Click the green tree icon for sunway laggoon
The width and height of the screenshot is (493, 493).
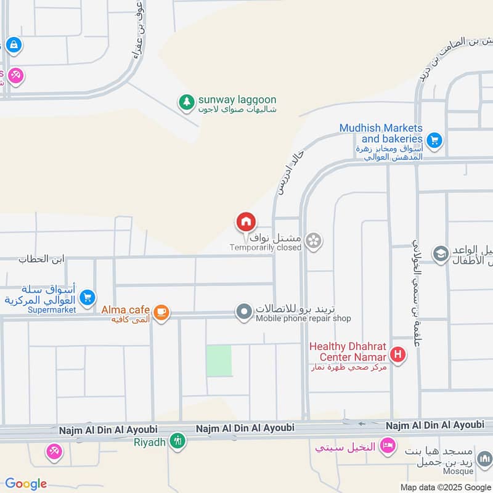coord(185,102)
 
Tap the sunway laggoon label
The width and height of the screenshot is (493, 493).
coord(237,100)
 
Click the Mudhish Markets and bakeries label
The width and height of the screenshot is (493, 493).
coord(381,134)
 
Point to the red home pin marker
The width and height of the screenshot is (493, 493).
coord(246,222)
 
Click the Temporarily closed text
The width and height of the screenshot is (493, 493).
coord(266,247)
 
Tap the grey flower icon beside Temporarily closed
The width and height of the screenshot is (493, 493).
coord(314,241)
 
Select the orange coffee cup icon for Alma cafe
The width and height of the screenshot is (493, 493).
coord(161,312)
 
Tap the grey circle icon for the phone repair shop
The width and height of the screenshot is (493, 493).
coord(245,312)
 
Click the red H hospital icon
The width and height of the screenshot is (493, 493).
coord(399,355)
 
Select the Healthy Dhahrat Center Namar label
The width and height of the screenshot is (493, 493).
coord(348,352)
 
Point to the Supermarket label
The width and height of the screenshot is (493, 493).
coord(51,309)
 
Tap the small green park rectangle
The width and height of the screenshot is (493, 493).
coord(219,361)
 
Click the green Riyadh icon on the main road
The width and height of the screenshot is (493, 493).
coord(177,441)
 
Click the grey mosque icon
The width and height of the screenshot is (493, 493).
coord(484,459)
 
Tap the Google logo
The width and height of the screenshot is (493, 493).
coord(26,484)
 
